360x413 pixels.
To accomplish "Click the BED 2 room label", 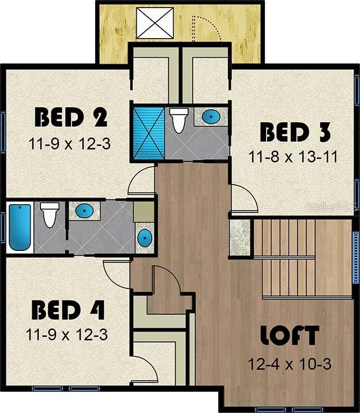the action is click(71, 117).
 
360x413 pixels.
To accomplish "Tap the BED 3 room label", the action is click(295, 132).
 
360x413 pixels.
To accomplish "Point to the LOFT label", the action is click(290, 335).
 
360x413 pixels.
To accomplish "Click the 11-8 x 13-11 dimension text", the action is click(293, 157).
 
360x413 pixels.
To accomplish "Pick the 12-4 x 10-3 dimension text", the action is click(290, 365).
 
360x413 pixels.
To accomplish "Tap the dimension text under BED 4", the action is click(66, 335).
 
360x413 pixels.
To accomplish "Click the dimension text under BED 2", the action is click(69, 144).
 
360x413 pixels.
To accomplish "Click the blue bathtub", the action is click(20, 227).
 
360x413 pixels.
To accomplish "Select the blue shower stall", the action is click(149, 133).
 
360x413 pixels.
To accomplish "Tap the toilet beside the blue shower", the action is click(178, 120).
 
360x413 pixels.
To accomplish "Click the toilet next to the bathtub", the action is click(50, 215).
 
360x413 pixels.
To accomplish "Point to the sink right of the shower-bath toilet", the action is click(211, 116).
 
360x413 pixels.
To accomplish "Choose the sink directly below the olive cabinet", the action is click(145, 238).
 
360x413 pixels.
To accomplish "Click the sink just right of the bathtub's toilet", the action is click(84, 210).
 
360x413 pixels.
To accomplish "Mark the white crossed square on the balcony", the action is click(155, 23).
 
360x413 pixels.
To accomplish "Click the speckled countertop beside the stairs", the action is click(239, 237).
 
